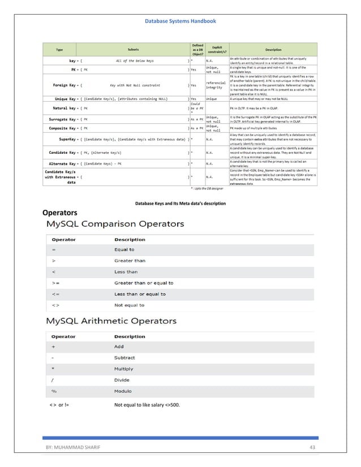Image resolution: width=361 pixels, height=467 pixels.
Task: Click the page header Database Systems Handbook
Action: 180,21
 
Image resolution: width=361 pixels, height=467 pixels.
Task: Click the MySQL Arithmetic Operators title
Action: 111,321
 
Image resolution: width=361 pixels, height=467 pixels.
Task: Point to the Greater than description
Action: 130,261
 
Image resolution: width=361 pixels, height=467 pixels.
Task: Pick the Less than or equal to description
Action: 140,294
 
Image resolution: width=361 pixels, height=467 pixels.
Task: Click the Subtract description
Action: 125,358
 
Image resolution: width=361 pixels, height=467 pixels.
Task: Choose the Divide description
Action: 122,380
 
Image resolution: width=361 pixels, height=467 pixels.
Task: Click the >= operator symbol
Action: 54,283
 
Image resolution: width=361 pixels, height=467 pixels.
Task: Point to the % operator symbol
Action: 54,391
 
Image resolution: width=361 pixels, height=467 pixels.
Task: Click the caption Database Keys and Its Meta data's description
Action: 180,202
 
